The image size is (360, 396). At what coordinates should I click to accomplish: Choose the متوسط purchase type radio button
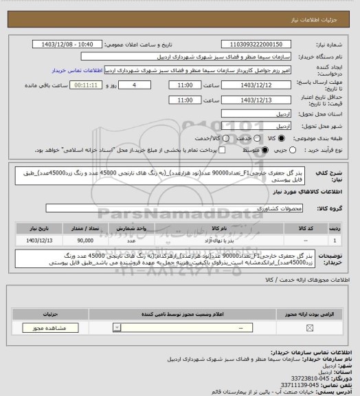pos(265,149)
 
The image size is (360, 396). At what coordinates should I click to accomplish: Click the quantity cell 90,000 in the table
pos(86,240)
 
